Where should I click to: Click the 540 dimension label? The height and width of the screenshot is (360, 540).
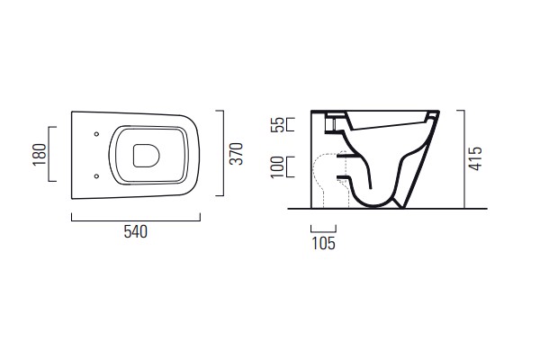pos(136,232)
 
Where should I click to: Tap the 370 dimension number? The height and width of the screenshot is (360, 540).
pos(237,154)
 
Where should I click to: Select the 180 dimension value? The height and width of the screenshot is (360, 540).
pos(40,155)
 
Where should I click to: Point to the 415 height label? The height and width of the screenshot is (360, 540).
pos(475,158)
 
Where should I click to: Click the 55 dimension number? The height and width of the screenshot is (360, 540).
pos(277,125)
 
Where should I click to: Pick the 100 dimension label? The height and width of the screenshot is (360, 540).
pos(277,167)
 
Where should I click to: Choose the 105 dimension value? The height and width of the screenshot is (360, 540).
pos(323,243)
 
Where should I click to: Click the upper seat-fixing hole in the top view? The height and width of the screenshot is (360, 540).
pos(97,134)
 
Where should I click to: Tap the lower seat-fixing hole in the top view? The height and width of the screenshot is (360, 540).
pos(97,176)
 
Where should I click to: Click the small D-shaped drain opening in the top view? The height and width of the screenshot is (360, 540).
pos(147,156)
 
